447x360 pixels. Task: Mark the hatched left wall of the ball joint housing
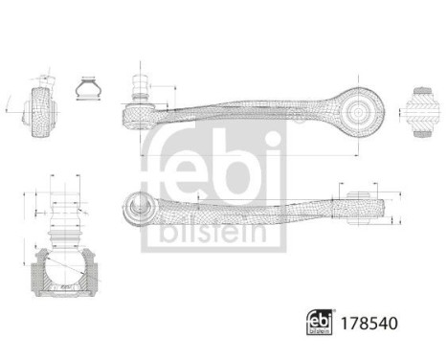pyautogui.click(x=39, y=273)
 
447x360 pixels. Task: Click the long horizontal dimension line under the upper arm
pyautogui.click(x=249, y=155)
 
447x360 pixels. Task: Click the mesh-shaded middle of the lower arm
pyautogui.click(x=249, y=203)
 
